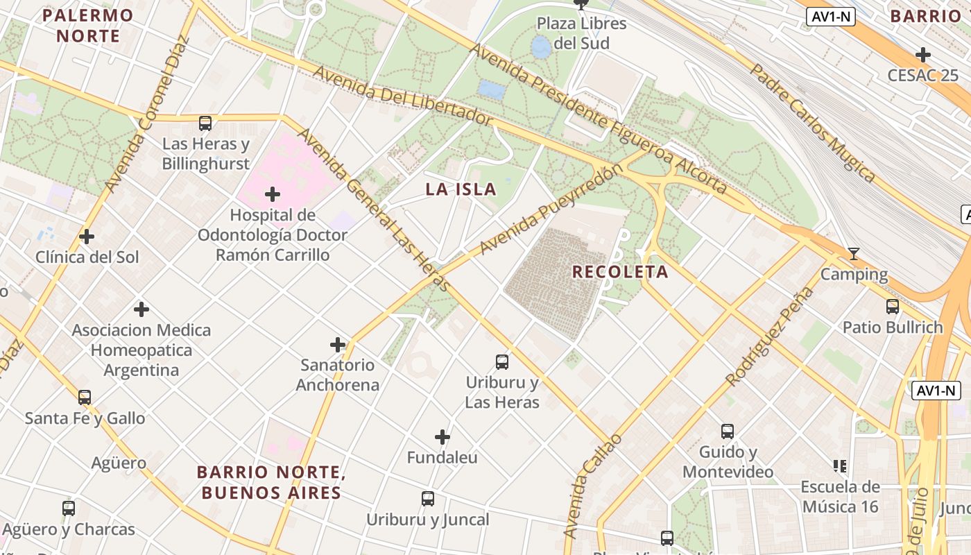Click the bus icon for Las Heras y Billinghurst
coord(205,123)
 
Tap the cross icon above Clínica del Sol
coord(87,237)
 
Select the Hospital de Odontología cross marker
coord(273,194)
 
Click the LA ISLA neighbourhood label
coord(461,189)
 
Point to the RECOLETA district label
coord(620,272)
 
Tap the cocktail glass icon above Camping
coord(854,254)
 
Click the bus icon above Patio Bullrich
coord(893,307)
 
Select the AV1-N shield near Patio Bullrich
coord(936,391)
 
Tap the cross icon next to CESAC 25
coord(922,55)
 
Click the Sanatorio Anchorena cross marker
coord(338,345)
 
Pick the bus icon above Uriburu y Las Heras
coord(502,362)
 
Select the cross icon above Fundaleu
coord(442,437)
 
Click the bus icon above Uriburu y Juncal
coord(428,499)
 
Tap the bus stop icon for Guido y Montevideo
coord(728,432)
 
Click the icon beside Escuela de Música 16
coord(840,466)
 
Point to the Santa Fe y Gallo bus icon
coord(85,398)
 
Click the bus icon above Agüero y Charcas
coord(69,509)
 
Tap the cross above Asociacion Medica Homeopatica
coord(141,309)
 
